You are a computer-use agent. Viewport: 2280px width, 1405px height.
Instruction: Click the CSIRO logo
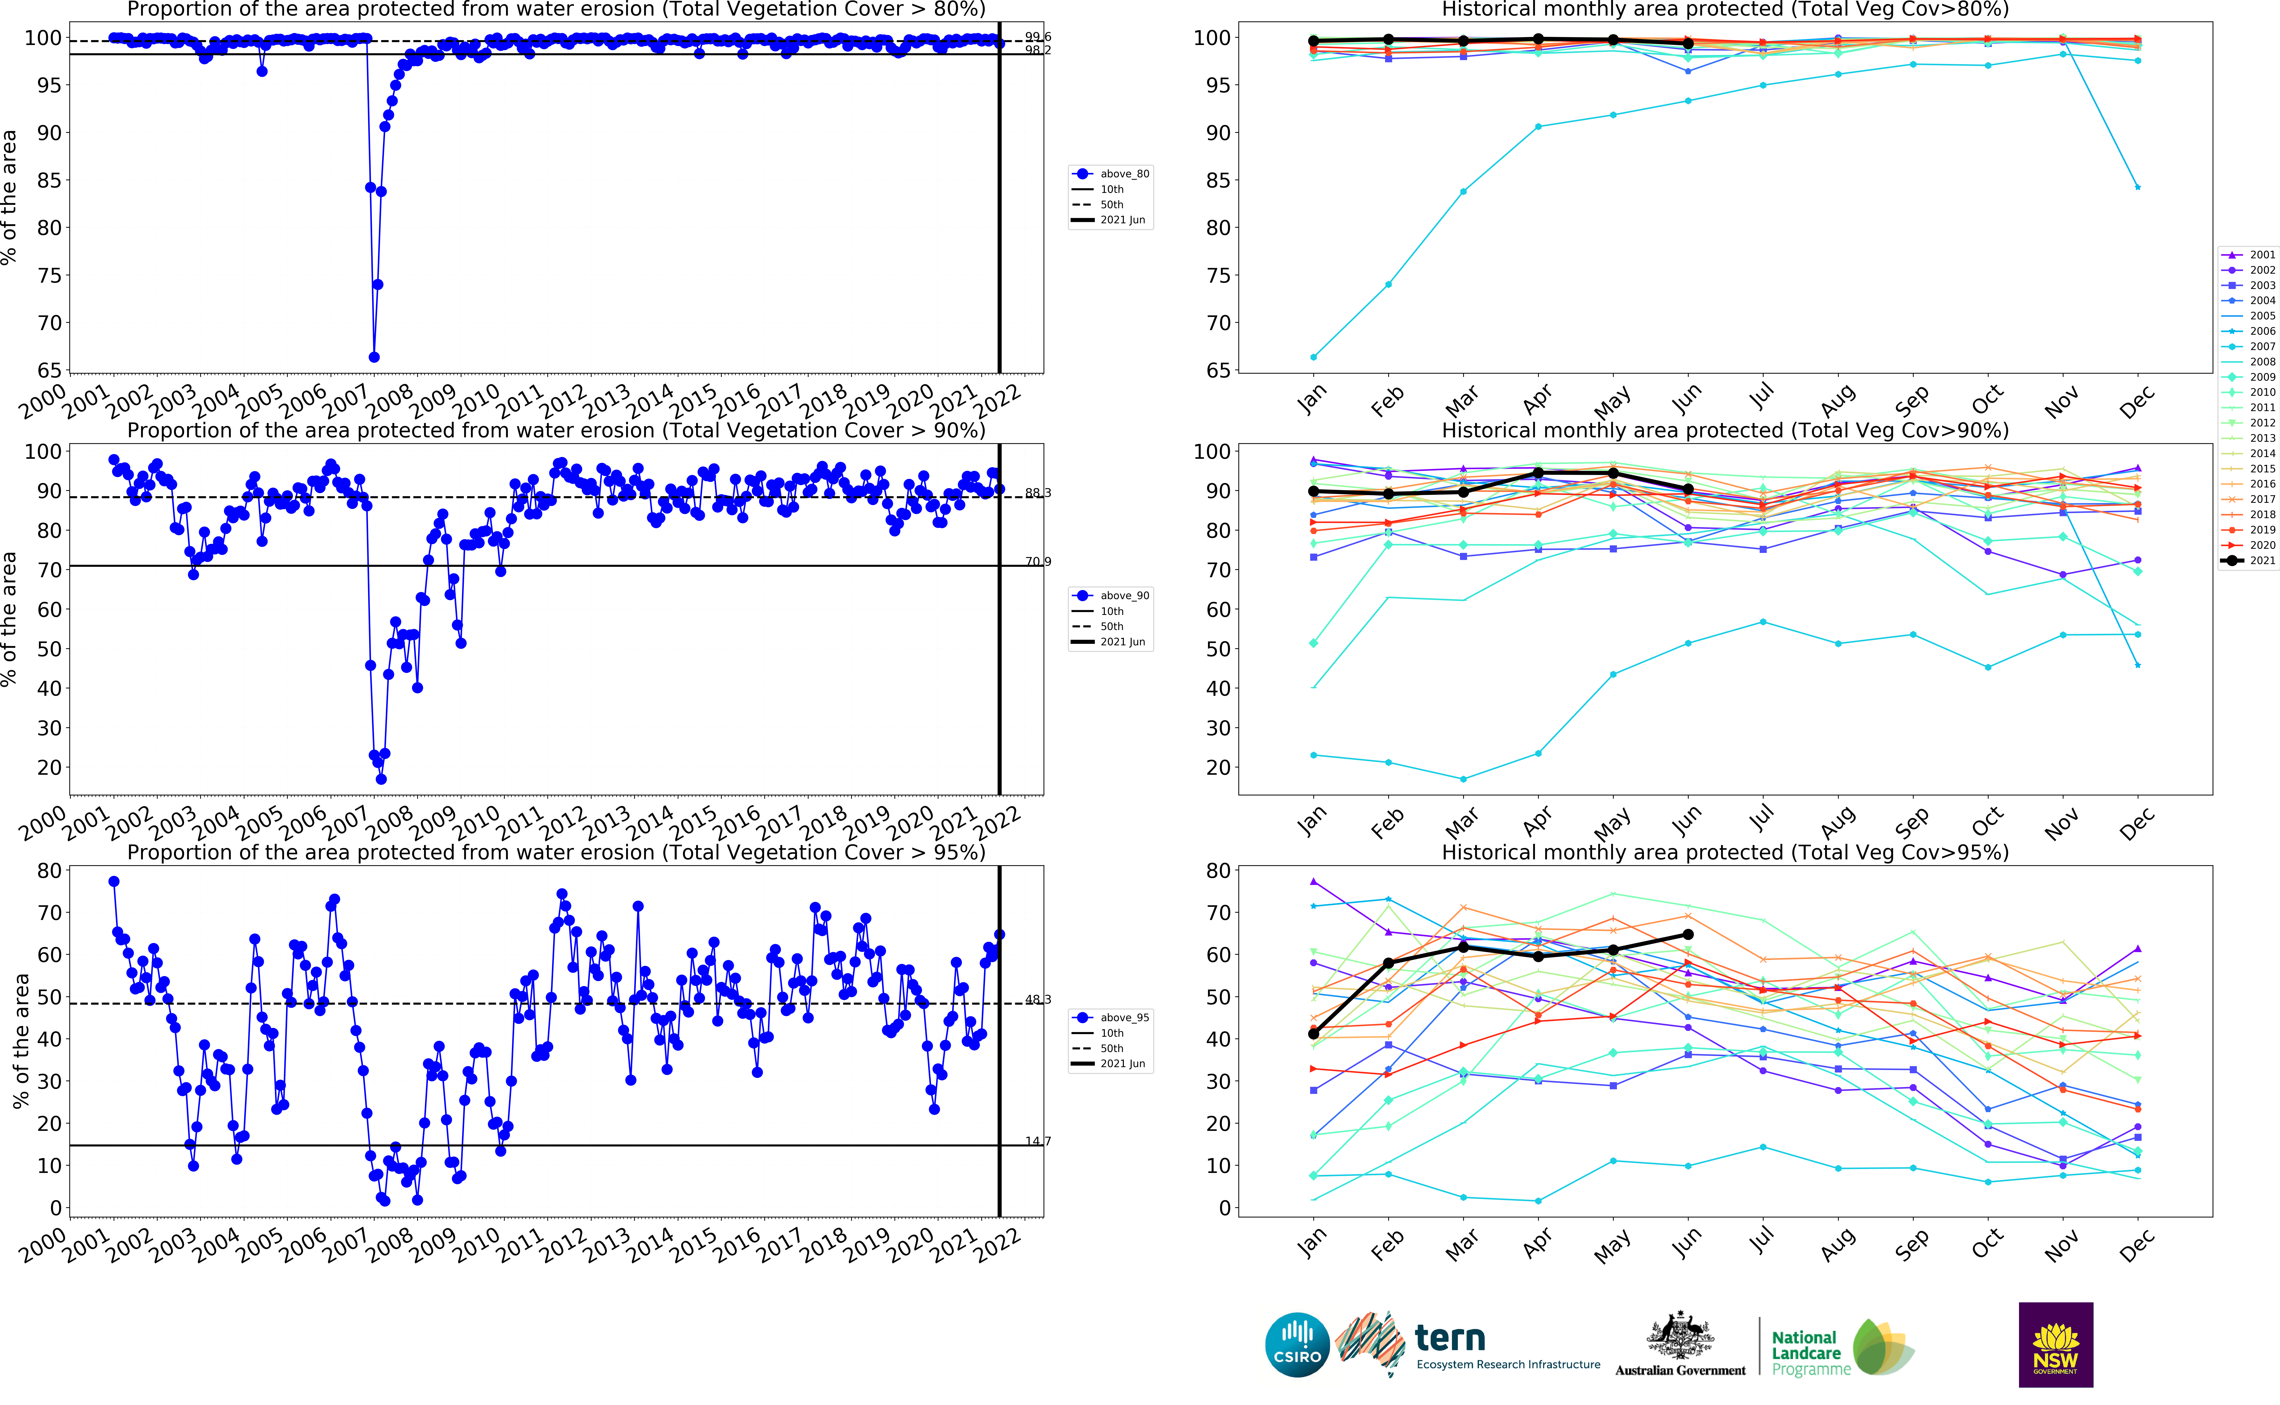click(1297, 1345)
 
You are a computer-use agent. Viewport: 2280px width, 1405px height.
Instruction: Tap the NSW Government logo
click(2055, 1345)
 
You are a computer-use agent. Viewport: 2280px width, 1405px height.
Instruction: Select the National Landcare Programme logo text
click(1805, 1353)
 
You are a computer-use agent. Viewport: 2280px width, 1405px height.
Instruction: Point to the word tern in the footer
click(1449, 1338)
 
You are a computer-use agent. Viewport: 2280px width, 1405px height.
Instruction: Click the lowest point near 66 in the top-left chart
click(373, 357)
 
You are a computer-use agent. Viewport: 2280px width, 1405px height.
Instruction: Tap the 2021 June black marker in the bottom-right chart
click(1688, 935)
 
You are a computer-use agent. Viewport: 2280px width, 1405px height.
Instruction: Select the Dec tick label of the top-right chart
click(2136, 401)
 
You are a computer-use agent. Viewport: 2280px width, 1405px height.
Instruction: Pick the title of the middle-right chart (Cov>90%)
click(1724, 430)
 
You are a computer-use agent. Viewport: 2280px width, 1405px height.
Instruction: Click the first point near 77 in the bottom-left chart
click(113, 881)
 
